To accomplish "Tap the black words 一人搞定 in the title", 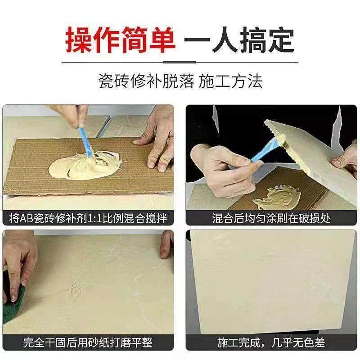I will click(240, 40).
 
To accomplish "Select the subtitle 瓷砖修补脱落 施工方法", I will click(180, 81).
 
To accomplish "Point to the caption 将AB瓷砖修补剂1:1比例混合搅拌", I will click(88, 219).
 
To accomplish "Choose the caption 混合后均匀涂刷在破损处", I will click(271, 219).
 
